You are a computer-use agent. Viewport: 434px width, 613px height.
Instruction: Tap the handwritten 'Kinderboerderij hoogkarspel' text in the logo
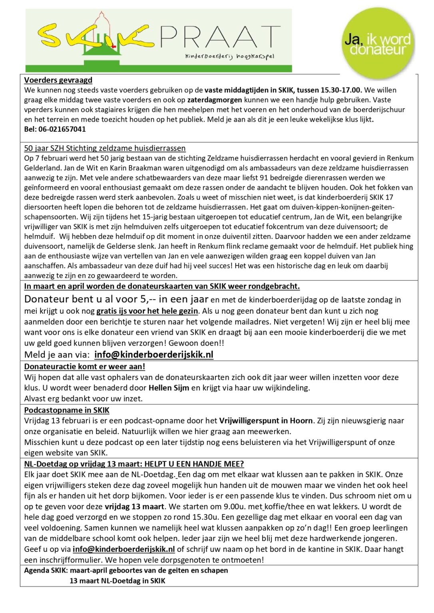(x=229, y=56)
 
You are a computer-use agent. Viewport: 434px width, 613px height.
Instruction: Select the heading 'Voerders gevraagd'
(x=58, y=80)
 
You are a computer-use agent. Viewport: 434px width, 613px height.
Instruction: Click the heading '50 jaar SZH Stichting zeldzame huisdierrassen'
(x=105, y=148)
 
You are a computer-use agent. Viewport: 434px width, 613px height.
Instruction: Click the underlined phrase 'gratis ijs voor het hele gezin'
(x=147, y=311)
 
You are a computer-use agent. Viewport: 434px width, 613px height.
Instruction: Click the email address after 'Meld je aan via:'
(x=154, y=354)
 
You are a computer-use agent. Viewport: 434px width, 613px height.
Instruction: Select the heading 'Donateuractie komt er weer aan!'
(x=85, y=366)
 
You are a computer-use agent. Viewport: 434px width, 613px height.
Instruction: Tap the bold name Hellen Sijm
(x=169, y=388)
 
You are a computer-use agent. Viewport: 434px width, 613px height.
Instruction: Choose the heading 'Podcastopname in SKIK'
(x=67, y=410)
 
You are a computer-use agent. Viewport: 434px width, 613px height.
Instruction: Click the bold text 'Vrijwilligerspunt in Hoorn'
(x=266, y=421)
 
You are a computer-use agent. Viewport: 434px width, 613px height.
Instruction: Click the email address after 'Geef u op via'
(x=124, y=549)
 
